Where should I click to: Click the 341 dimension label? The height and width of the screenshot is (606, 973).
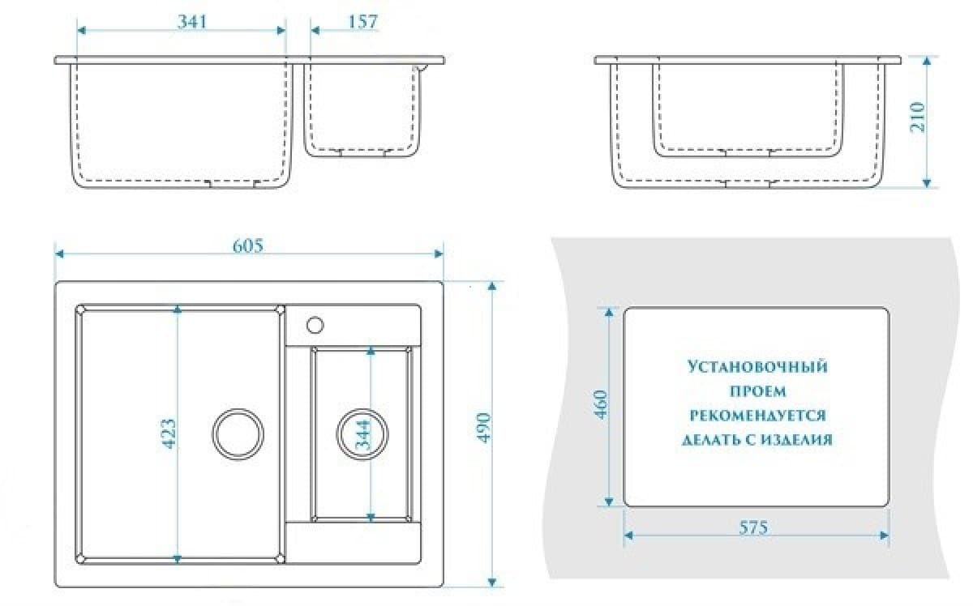[x=192, y=21]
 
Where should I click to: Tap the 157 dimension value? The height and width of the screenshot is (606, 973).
[x=363, y=22]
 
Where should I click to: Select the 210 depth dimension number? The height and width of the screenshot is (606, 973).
[x=917, y=117]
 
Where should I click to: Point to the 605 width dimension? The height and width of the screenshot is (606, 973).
[x=248, y=245]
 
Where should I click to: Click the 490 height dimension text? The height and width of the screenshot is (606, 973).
[x=483, y=428]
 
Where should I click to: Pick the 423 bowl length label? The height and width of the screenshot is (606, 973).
[x=169, y=433]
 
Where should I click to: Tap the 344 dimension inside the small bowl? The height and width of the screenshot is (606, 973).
[x=362, y=434]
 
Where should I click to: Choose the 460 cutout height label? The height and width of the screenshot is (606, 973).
[x=601, y=405]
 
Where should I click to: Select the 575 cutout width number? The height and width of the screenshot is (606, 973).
[x=753, y=527]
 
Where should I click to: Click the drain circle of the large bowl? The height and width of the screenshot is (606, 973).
[x=238, y=434]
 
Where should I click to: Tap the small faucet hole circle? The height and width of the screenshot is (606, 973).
[x=315, y=325]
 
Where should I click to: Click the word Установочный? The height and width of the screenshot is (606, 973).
[x=757, y=367]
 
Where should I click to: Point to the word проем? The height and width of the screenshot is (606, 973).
[x=757, y=391]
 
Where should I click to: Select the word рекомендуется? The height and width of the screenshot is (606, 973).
[x=757, y=416]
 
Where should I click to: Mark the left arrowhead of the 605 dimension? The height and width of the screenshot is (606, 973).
[x=59, y=254]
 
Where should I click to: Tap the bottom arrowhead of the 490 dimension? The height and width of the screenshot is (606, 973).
[x=492, y=583]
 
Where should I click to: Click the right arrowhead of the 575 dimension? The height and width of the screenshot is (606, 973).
[x=884, y=536]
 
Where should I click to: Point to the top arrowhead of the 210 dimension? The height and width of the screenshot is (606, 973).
[x=927, y=62]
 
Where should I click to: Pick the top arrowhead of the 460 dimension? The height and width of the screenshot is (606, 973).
[x=609, y=312]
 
